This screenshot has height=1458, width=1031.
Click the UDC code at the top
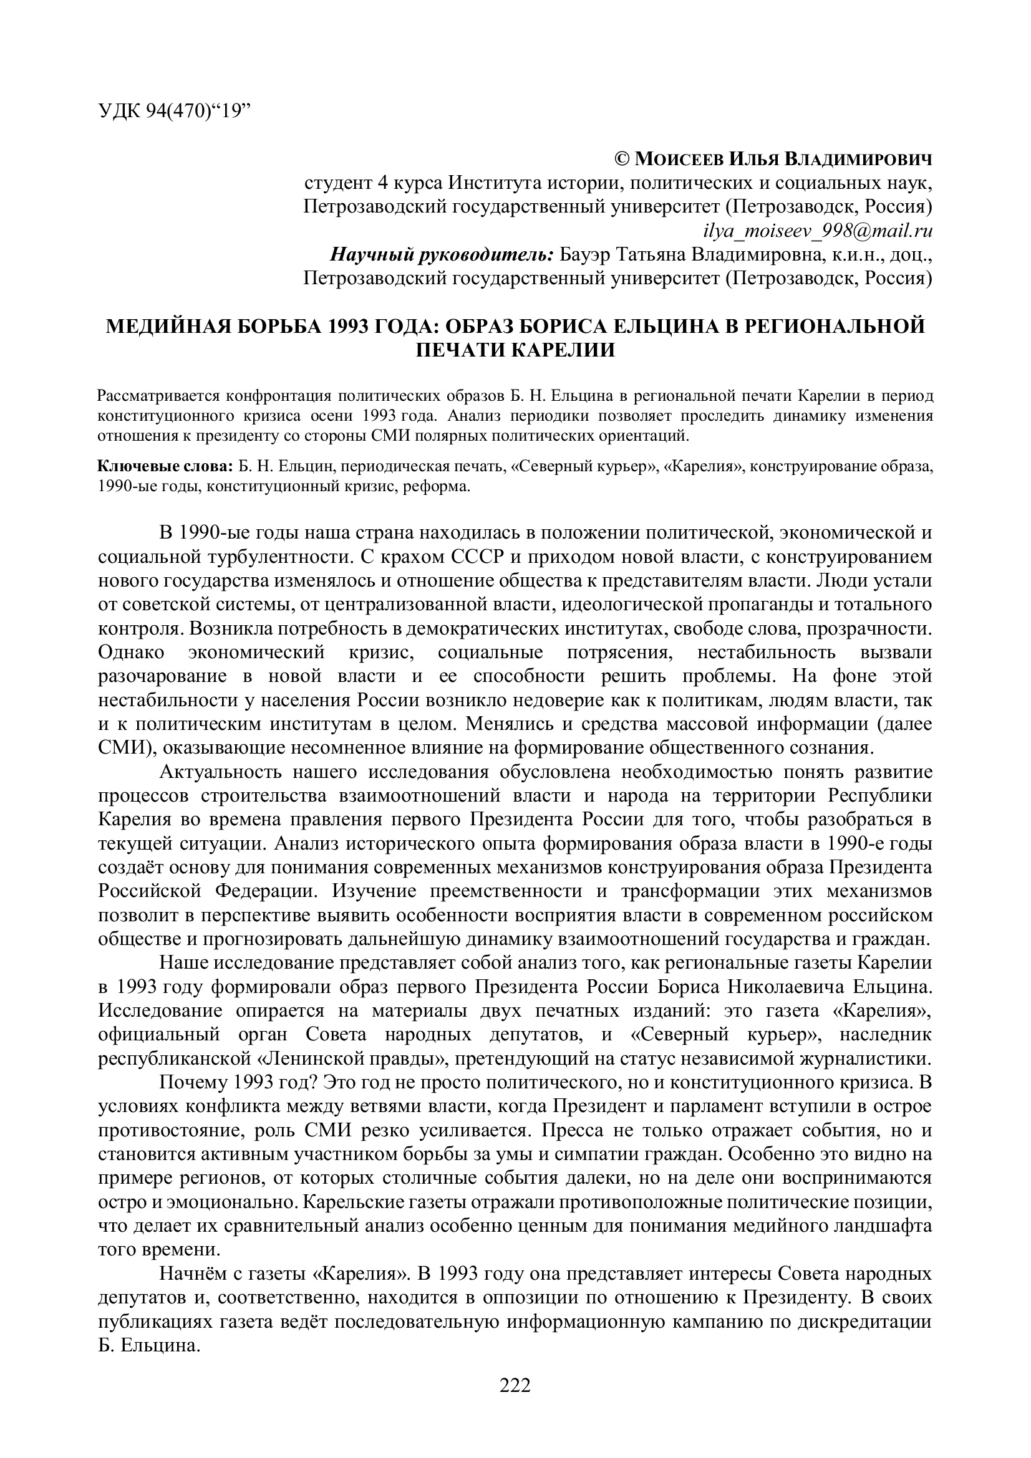click(x=175, y=111)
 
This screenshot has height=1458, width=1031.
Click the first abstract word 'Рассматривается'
click(x=149, y=397)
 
